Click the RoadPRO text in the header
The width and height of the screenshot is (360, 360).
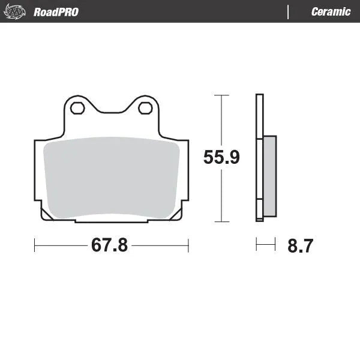pos(56,12)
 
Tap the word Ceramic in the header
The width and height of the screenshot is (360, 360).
pos(331,12)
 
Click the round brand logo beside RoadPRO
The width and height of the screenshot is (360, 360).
pos(17,11)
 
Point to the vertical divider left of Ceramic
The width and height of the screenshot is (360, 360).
pos(289,12)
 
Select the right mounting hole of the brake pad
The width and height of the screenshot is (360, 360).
pos(145,108)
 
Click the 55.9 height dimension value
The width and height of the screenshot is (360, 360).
pos(221,158)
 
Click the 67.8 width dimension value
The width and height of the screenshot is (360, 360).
pos(109,246)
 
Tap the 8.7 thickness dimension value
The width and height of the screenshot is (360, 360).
pos(300,246)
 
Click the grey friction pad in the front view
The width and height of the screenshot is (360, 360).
pos(111,177)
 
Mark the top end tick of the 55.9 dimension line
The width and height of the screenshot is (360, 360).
pos(221,95)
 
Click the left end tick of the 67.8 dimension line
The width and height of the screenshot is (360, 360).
pos(35,245)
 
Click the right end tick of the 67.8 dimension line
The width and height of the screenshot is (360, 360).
pos(188,245)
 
